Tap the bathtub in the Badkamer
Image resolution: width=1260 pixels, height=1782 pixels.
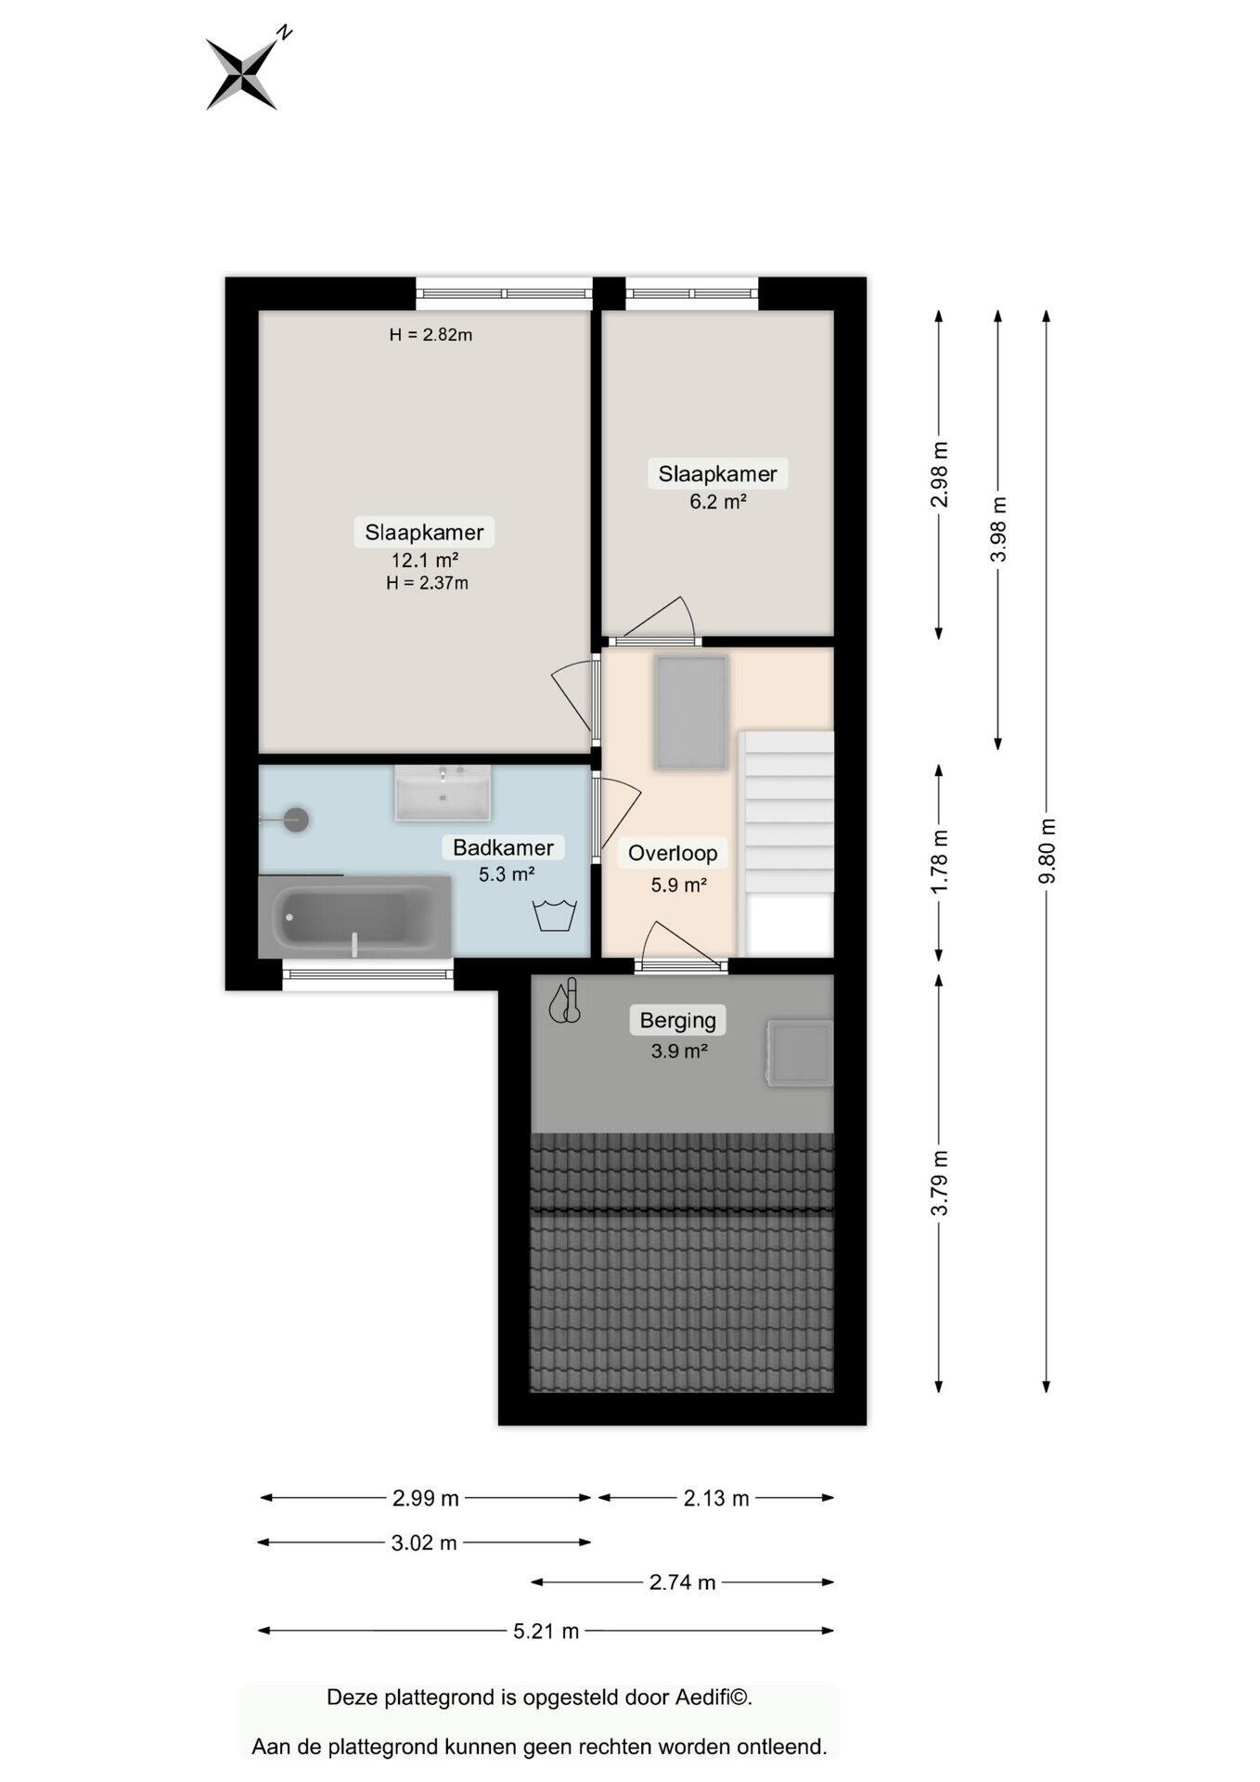354,917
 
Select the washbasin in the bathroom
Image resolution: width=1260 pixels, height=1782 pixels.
443,794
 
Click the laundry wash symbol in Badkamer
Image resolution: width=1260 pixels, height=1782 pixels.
555,915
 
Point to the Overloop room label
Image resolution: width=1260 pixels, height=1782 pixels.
673,853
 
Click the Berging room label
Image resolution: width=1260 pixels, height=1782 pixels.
678,1020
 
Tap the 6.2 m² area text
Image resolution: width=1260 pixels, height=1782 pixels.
718,502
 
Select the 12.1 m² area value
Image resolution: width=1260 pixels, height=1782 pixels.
425,561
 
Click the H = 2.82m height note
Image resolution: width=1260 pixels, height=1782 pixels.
431,335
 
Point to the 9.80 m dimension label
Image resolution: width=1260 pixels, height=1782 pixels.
1048,851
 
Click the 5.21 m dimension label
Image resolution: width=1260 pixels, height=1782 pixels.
546,1631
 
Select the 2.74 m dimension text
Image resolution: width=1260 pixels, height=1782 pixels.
683,1582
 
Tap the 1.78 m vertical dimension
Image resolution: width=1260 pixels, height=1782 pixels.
940,860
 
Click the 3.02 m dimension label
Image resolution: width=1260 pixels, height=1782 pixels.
424,1543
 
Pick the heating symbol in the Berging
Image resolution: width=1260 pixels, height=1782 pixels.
564,1001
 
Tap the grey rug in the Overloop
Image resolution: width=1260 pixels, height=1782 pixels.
691,712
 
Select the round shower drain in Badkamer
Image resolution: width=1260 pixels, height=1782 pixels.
296,820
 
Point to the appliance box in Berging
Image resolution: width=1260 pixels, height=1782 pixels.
799,1052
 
